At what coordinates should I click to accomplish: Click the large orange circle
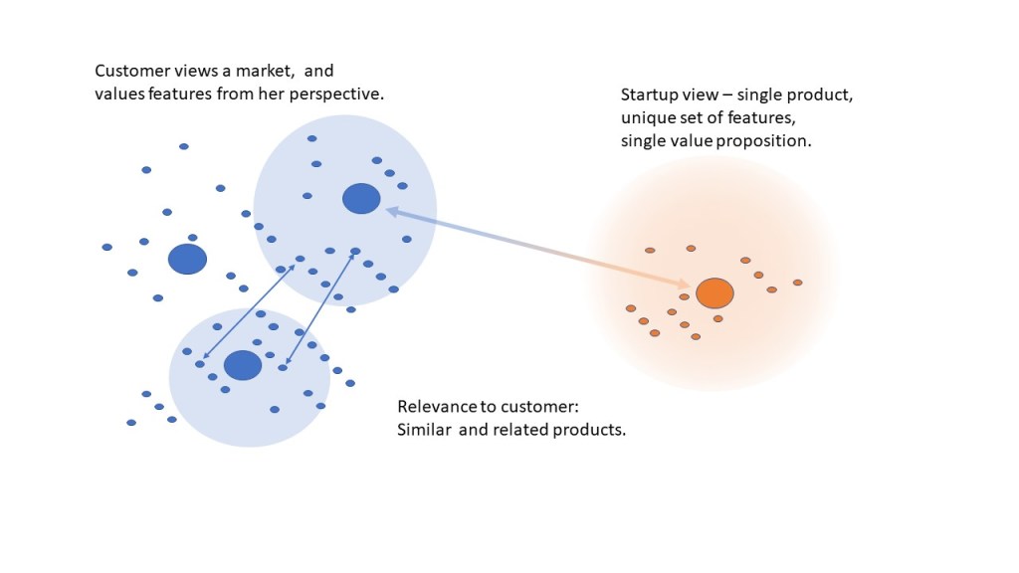[x=714, y=293]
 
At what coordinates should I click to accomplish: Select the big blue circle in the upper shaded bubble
[x=361, y=199]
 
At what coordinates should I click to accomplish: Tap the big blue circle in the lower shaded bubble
[x=243, y=365]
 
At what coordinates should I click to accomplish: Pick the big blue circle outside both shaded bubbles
[x=187, y=259]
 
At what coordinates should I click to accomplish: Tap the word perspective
[x=340, y=94]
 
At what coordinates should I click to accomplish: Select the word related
[x=522, y=430]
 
